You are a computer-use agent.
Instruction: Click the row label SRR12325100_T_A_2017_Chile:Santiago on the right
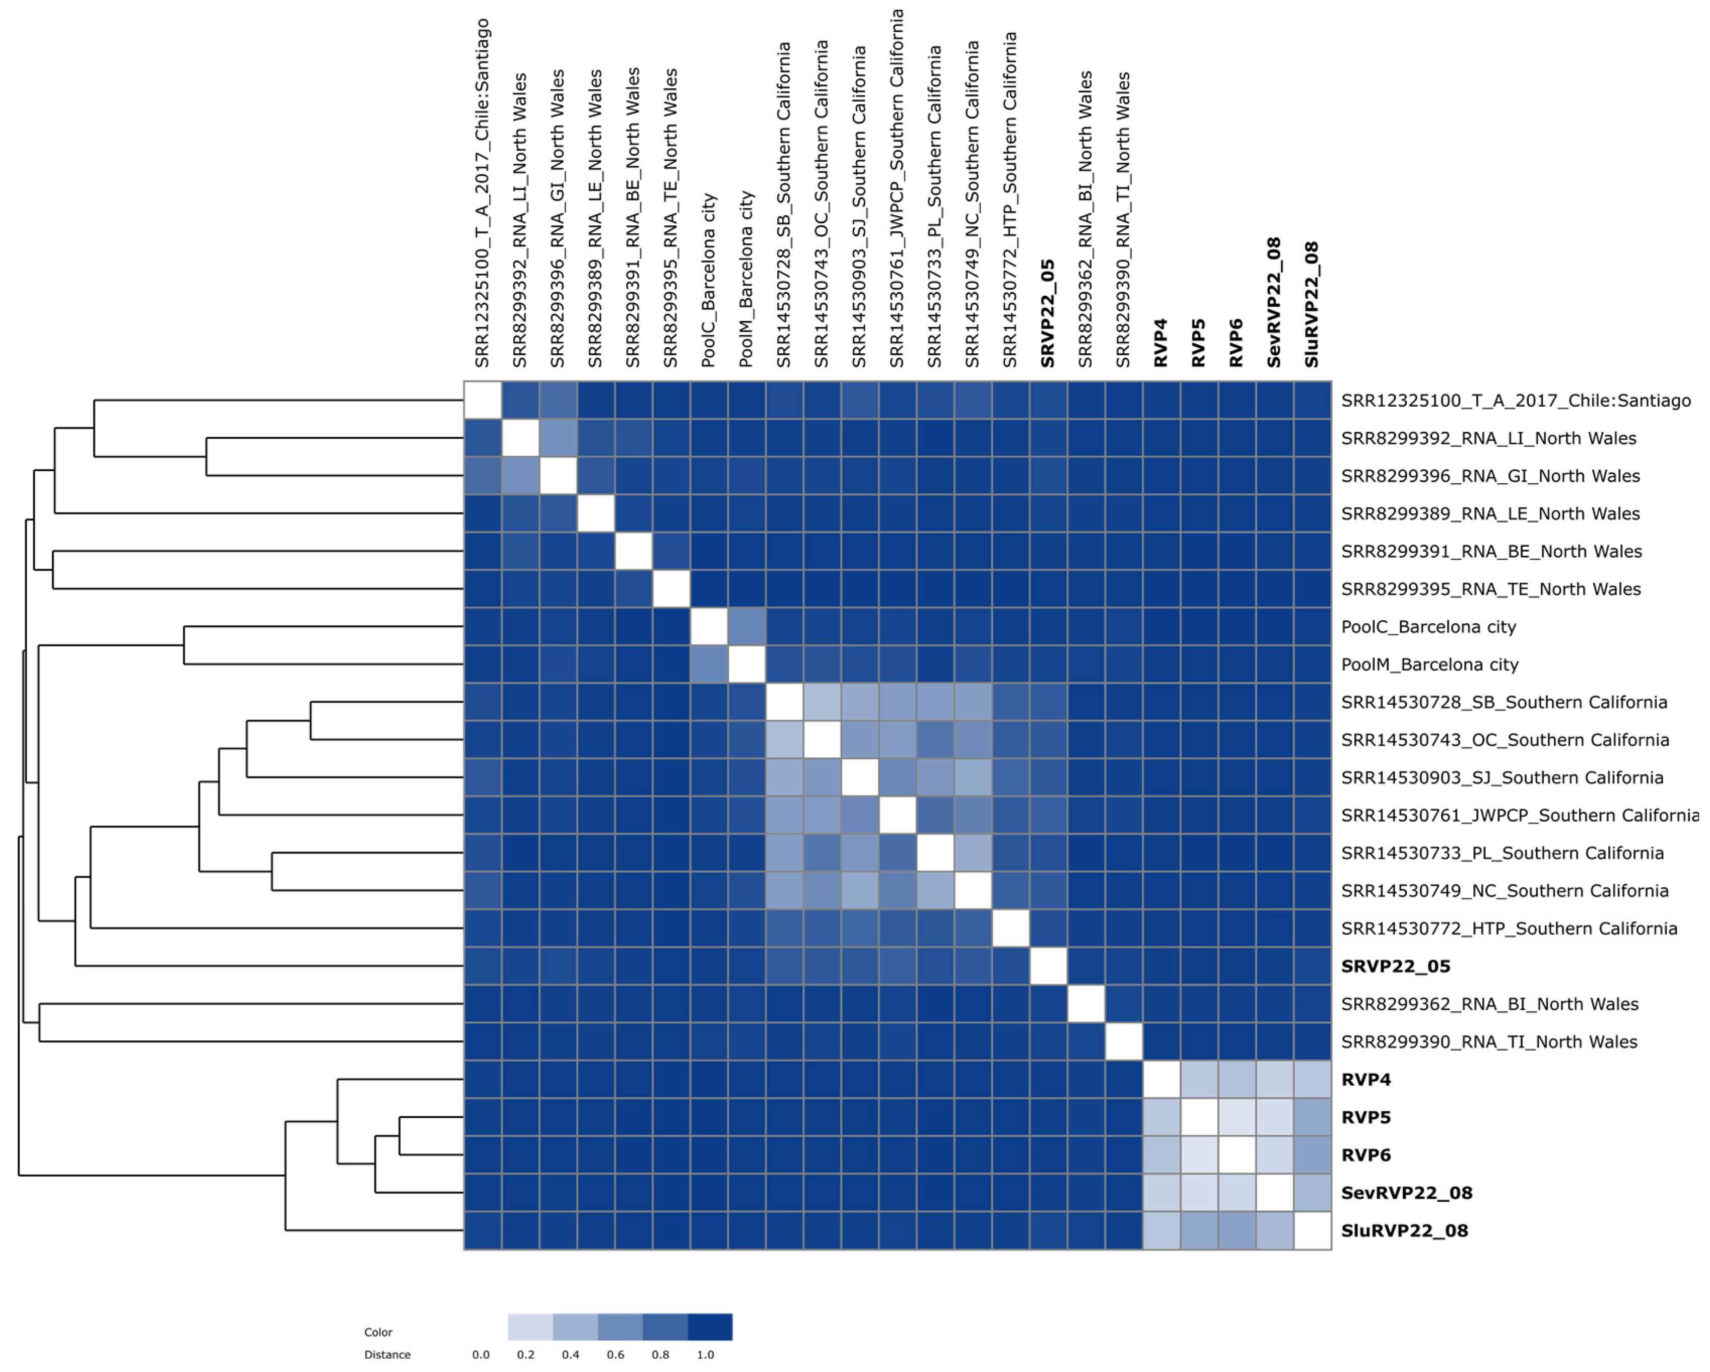(x=1516, y=401)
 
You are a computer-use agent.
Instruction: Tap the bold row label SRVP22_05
(x=1395, y=966)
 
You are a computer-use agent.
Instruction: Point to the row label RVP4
(x=1366, y=1080)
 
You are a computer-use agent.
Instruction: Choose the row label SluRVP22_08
(x=1404, y=1231)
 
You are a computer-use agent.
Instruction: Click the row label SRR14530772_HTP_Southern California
(x=1509, y=929)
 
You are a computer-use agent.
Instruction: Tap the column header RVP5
(x=1198, y=343)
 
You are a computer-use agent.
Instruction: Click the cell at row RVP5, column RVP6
(x=1237, y=1117)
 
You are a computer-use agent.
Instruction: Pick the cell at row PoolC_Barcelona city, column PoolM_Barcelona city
(x=746, y=627)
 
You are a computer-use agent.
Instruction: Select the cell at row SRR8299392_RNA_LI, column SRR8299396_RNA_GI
(x=559, y=438)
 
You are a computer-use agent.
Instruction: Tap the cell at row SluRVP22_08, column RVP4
(x=1161, y=1231)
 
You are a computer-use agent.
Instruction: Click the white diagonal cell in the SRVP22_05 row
(x=1049, y=966)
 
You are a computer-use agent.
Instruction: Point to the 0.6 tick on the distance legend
(x=615, y=1354)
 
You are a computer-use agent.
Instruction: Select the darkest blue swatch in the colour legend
(x=709, y=1327)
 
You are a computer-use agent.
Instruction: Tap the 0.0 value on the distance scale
(x=481, y=1354)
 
